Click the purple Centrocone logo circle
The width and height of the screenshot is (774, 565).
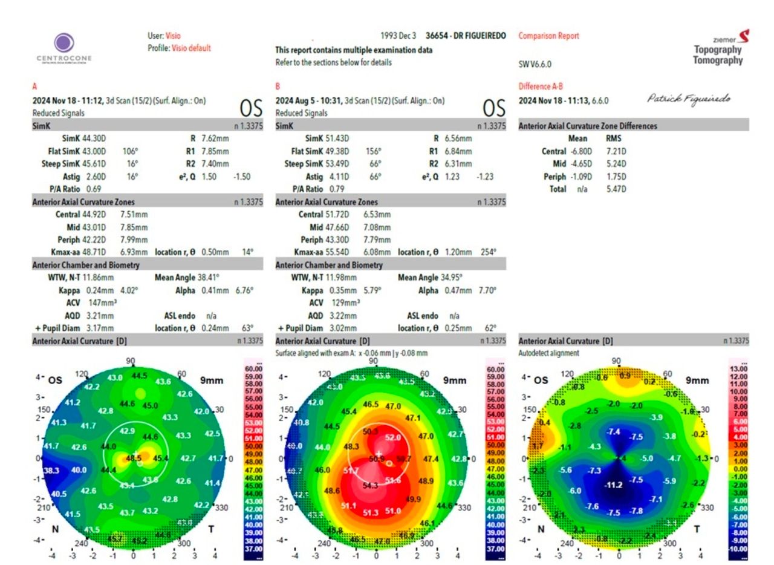pyautogui.click(x=64, y=44)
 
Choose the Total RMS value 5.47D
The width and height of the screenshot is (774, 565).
pyautogui.click(x=616, y=189)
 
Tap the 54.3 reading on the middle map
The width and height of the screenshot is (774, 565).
pyautogui.click(x=370, y=485)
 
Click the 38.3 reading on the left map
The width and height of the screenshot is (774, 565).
pyautogui.click(x=52, y=470)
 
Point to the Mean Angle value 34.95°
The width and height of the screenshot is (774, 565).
pyautogui.click(x=462, y=278)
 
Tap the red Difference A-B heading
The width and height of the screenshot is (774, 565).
pyautogui.click(x=542, y=87)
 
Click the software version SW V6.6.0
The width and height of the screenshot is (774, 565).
pyautogui.click(x=535, y=64)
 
